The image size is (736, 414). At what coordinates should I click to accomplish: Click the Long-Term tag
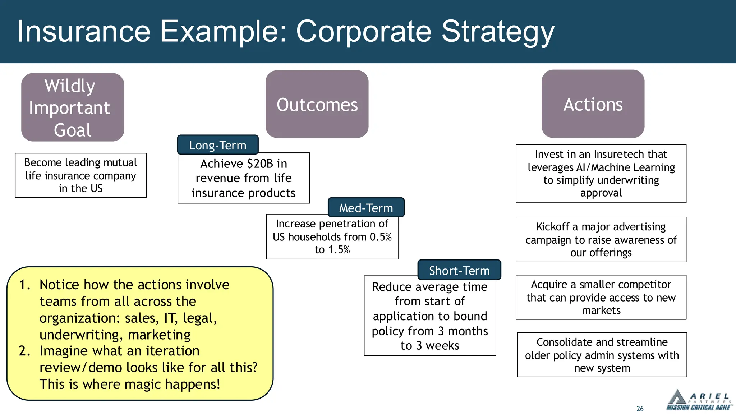[218, 145]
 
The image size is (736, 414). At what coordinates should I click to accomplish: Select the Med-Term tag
[366, 208]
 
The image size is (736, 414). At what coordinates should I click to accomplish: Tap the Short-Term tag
[459, 270]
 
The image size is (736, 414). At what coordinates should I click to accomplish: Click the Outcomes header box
[317, 104]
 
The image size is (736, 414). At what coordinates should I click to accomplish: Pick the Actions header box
[593, 104]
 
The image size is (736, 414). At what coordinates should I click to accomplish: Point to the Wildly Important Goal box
[73, 107]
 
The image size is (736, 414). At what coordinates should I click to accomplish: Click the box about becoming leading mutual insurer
[80, 175]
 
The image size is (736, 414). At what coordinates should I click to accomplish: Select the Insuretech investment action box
[601, 174]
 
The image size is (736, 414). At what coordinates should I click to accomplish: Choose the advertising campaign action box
[601, 239]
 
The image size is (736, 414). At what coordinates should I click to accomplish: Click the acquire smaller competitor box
[601, 297]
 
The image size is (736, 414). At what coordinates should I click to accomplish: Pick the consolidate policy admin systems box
[602, 355]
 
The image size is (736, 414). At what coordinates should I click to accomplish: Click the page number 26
[640, 409]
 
